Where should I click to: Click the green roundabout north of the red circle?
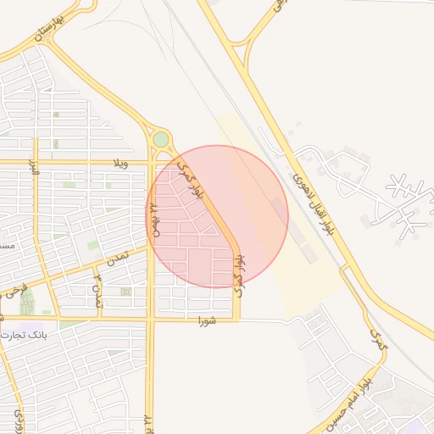[x=160, y=139]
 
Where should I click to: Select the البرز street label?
[x=35, y=165]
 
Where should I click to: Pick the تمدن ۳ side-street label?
[x=98, y=290]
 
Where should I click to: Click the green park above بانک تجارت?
[x=27, y=303]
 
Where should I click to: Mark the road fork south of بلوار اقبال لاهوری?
[x=346, y=268]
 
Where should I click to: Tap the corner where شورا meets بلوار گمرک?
[x=237, y=320]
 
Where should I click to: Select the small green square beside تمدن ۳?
[x=125, y=292]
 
